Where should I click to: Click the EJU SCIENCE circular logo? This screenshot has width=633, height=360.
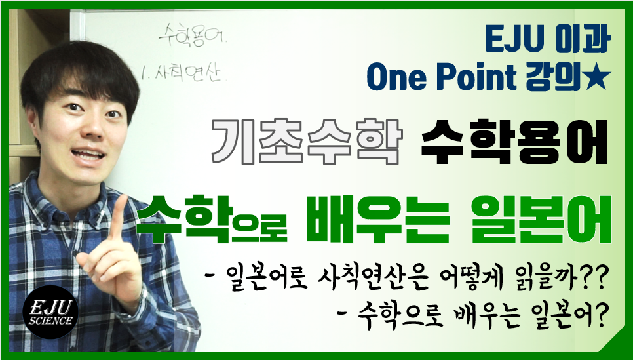[x=51, y=312]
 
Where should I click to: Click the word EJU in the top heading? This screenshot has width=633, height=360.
[x=512, y=40]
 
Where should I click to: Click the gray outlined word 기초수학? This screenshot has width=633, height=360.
[x=307, y=142]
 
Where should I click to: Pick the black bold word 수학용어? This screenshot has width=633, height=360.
[x=514, y=142]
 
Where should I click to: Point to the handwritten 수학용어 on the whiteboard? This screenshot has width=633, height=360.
[x=193, y=35]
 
